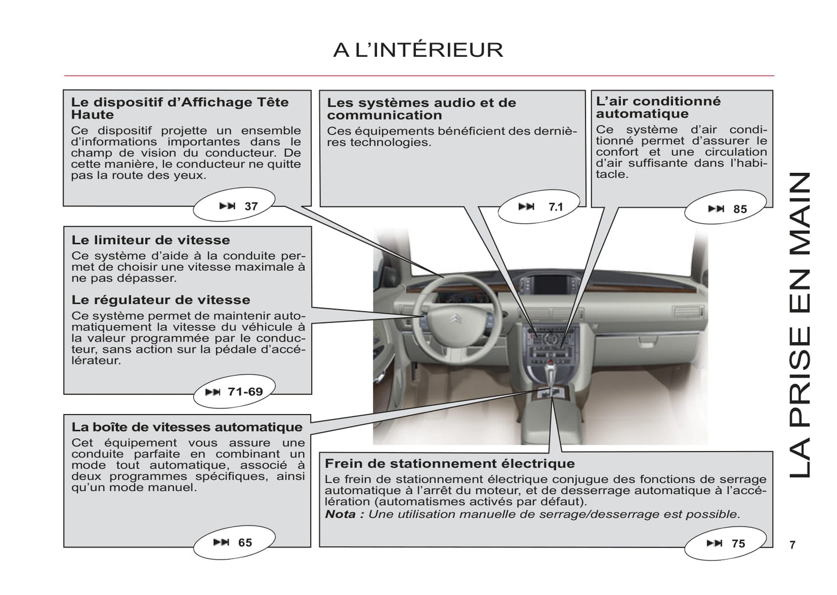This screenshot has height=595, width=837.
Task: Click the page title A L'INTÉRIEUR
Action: point(418,50)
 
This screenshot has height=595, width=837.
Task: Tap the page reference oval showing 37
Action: point(234,206)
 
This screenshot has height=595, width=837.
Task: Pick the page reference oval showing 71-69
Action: point(233,392)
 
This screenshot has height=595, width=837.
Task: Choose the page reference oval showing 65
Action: point(233,542)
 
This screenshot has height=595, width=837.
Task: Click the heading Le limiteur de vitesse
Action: point(151,240)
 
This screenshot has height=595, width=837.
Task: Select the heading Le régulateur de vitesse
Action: point(161,300)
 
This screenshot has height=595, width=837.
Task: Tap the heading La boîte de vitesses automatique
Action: point(187,427)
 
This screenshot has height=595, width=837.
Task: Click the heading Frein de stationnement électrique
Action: point(449,463)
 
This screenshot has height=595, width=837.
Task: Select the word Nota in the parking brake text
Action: point(341,514)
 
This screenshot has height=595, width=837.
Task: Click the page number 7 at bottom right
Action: point(792,545)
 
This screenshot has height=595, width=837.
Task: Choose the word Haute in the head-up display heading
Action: point(93,115)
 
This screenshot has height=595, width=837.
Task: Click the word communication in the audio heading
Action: point(384,115)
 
